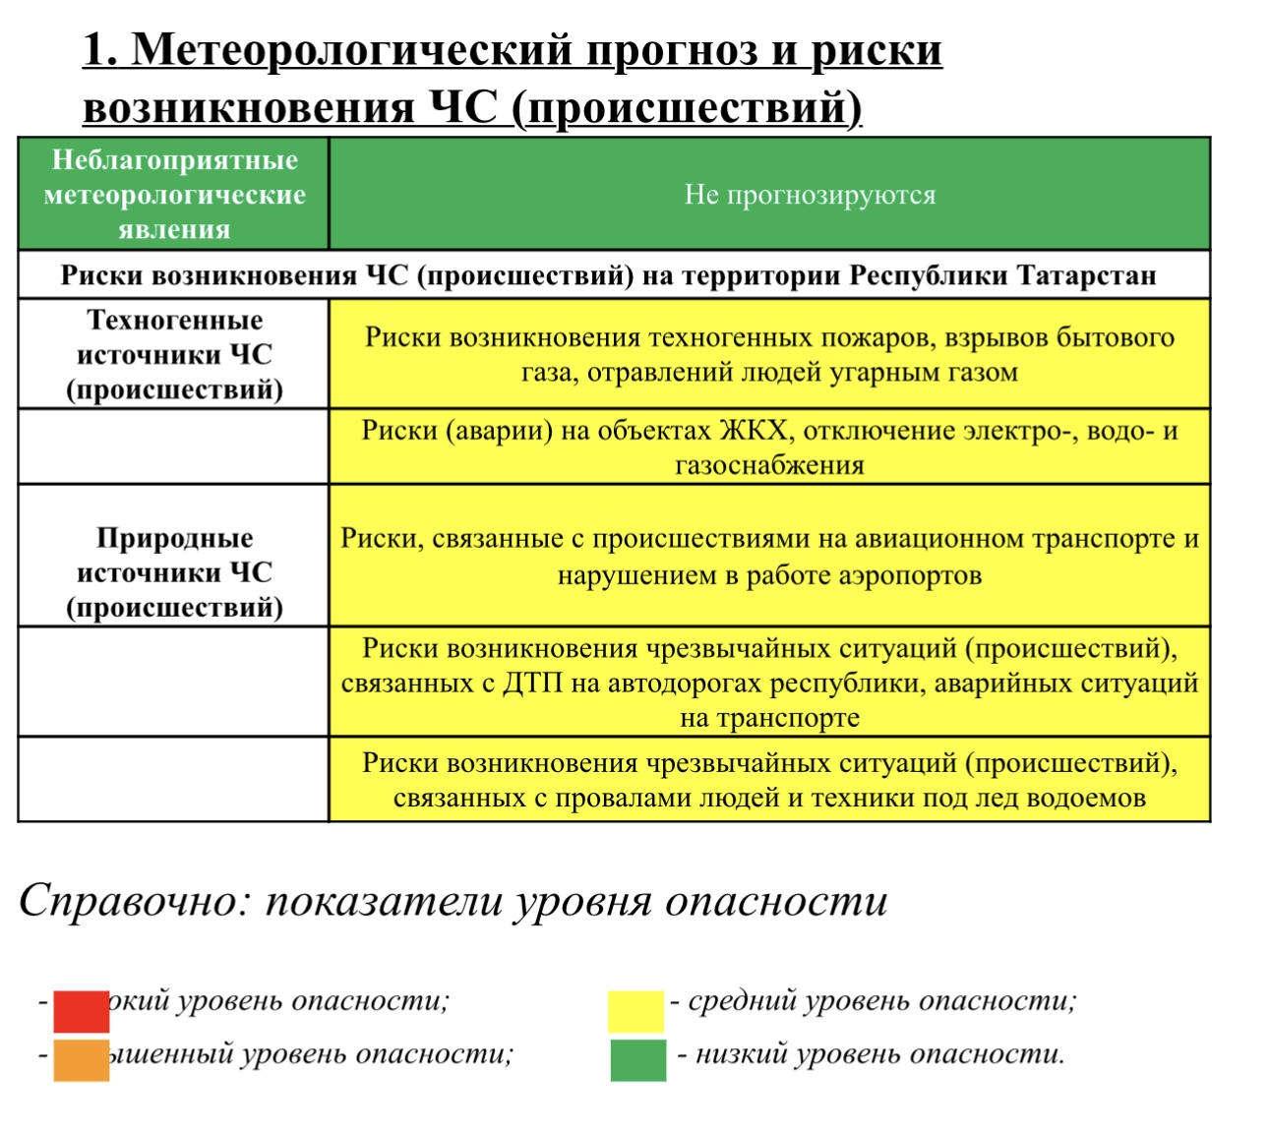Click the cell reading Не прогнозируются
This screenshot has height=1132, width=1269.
tap(810, 195)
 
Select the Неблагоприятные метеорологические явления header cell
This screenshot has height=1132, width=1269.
tap(174, 195)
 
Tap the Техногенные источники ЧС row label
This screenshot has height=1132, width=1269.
tap(174, 355)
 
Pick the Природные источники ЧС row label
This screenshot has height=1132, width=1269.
tap(174, 572)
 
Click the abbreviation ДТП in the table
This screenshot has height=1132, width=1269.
tap(532, 683)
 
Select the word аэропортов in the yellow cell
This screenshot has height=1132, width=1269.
tap(909, 575)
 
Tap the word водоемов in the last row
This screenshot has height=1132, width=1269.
tap(1086, 798)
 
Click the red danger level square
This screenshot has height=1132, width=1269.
tap(81, 1011)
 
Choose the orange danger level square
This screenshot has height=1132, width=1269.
tap(81, 1060)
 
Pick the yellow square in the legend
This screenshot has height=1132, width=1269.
tap(635, 1011)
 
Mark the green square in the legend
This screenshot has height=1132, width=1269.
tap(637, 1060)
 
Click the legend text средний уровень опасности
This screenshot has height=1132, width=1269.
tap(881, 1001)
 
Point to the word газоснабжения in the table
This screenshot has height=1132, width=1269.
tap(769, 465)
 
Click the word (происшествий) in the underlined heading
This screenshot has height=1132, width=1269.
tap(686, 107)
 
